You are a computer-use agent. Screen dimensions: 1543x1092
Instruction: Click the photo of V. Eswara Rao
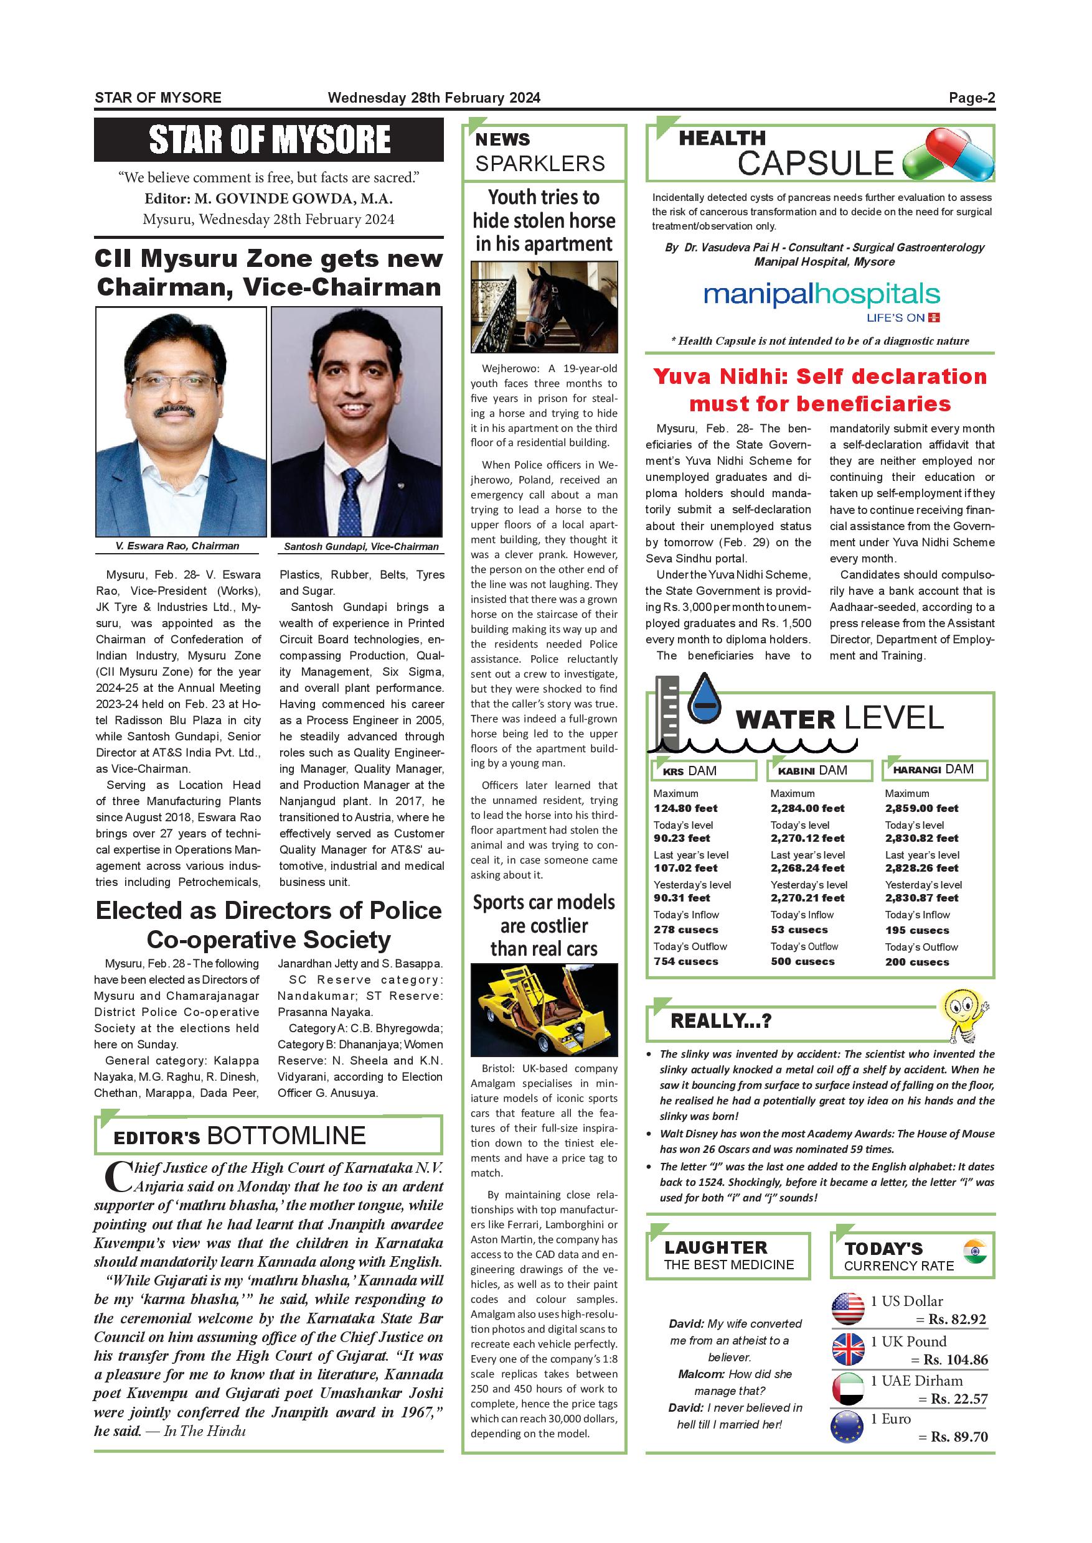(x=181, y=421)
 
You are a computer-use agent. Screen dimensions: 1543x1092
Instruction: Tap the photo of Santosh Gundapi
(x=356, y=421)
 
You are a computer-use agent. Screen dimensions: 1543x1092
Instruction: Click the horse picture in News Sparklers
(x=544, y=307)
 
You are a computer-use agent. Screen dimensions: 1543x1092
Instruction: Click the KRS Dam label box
(x=704, y=770)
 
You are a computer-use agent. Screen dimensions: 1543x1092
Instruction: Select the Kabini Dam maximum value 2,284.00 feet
(x=807, y=808)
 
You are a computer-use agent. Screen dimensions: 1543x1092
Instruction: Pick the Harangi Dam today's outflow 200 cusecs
(x=917, y=962)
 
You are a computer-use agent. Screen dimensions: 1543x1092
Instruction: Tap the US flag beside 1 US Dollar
(x=848, y=1309)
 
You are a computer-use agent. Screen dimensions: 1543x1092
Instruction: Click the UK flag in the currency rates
(x=848, y=1349)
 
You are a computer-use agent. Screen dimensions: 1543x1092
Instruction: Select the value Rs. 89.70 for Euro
(x=959, y=1437)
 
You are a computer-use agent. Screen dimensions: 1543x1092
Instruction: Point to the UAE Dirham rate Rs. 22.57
(x=959, y=1399)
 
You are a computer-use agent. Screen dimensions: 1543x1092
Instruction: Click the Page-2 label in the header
(x=972, y=98)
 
